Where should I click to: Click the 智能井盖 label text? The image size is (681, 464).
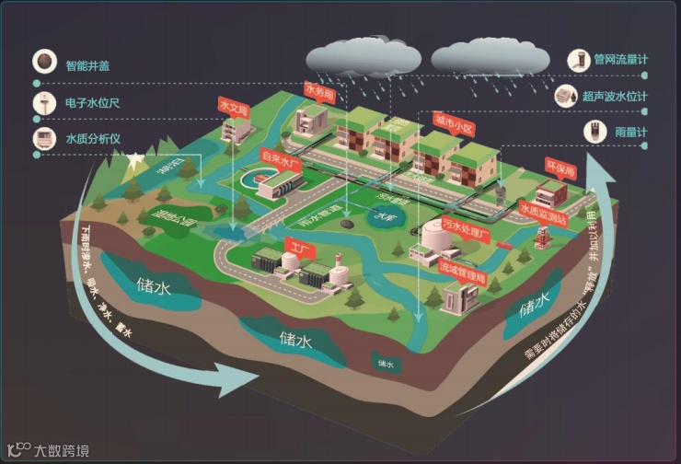point(94,65)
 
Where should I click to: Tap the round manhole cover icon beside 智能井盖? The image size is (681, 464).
point(42,63)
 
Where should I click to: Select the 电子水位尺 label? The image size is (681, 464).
point(93,102)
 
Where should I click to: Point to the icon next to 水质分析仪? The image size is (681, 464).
point(42,139)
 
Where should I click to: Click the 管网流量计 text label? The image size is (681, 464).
point(620,60)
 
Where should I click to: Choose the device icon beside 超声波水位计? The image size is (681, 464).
point(567,95)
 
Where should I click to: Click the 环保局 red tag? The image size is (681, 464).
point(560,169)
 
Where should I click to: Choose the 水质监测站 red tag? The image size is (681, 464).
point(541,209)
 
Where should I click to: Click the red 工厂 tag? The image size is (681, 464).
point(296,247)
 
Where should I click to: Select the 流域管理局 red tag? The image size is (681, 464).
point(461,269)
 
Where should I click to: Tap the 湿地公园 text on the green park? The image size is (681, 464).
point(174,219)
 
